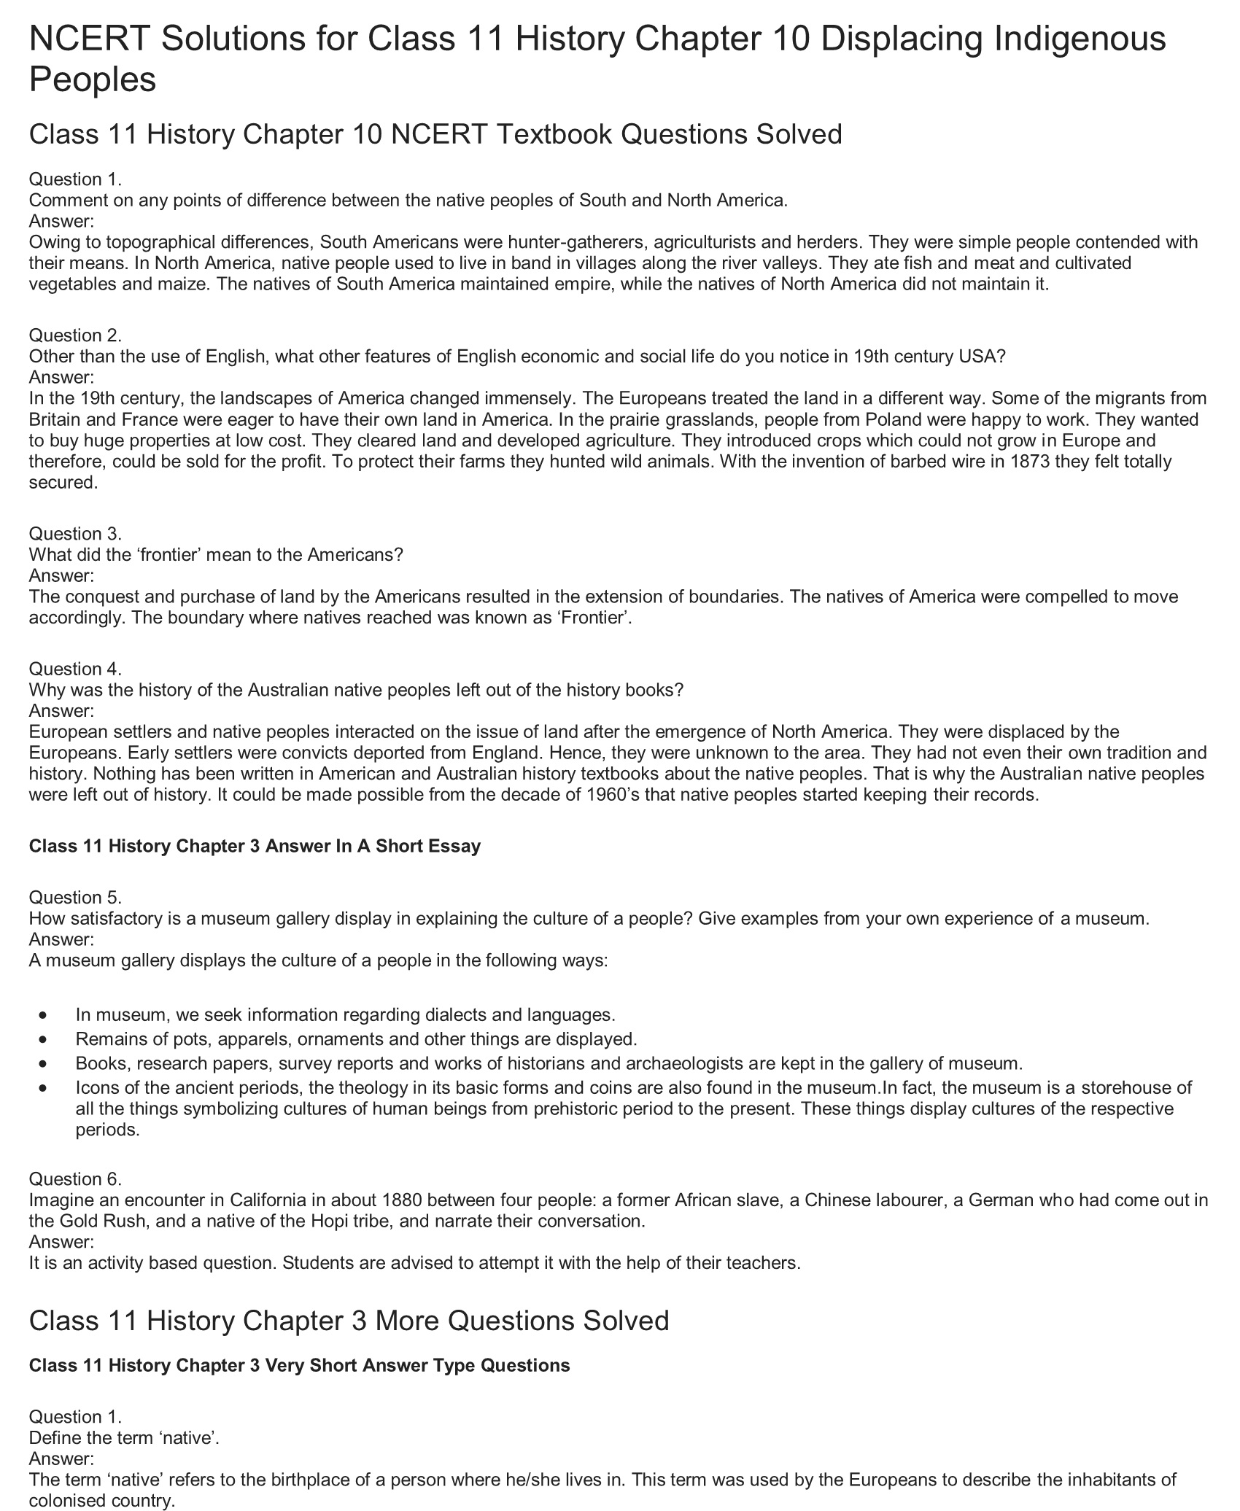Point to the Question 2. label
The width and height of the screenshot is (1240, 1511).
75,335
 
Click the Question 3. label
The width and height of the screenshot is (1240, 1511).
75,534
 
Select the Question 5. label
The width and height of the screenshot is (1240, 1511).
75,898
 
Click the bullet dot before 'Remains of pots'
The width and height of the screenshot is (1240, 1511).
46,1039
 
